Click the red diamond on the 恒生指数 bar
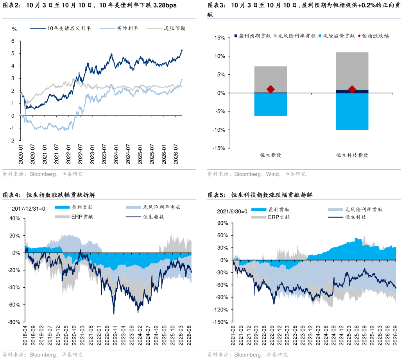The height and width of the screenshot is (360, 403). (x=270, y=90)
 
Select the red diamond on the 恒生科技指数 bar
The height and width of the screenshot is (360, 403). (x=352, y=90)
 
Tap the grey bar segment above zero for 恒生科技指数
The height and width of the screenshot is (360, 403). (x=352, y=71)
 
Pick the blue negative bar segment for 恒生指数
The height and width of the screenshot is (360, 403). (x=270, y=104)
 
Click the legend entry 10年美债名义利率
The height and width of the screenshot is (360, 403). (x=61, y=28)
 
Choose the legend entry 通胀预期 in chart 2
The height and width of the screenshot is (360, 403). (x=166, y=28)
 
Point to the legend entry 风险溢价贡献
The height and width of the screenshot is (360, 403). (x=337, y=36)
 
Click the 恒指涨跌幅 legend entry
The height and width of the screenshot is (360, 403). (x=373, y=36)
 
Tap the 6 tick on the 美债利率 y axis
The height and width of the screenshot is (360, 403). (x=13, y=41)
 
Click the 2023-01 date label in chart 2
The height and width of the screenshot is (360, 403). (x=92, y=154)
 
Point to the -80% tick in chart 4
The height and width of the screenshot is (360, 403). (x=14, y=322)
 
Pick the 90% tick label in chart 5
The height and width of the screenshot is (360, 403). (x=222, y=223)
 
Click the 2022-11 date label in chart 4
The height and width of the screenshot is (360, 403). (x=115, y=335)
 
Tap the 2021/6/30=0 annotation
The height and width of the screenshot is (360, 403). (x=232, y=211)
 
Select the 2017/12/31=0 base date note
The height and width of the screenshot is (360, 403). (x=28, y=209)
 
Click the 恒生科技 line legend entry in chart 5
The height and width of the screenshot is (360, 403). (x=347, y=217)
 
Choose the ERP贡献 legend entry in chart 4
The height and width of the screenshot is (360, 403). (x=74, y=217)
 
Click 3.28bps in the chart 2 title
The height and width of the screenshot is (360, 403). (x=165, y=5)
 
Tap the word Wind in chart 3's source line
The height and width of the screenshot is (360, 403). (x=272, y=174)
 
